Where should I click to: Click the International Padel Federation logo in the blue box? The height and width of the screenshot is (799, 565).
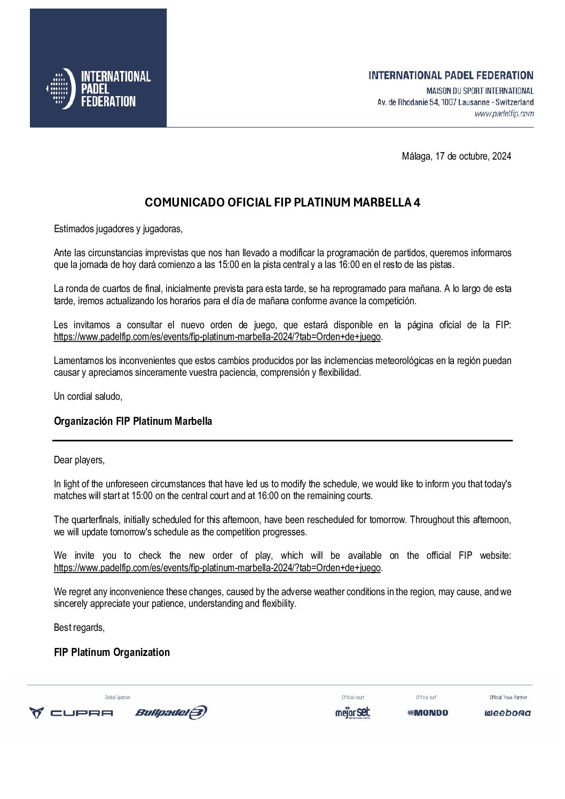point(98,89)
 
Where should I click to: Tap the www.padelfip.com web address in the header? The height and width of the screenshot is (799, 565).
point(504,114)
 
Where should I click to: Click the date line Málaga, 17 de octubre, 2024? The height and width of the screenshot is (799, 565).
point(456,156)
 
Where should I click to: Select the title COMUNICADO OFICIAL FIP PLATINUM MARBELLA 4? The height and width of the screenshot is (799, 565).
point(282,203)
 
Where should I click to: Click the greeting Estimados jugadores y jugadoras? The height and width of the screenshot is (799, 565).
point(118,229)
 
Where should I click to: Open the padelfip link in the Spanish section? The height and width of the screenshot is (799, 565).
point(217,337)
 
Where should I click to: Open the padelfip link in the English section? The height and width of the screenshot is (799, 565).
point(217,568)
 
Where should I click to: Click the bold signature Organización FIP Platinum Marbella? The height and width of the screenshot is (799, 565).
point(133,421)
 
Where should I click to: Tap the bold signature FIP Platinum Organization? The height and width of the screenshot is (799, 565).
point(112,652)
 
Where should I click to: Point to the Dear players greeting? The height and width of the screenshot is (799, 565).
point(79,460)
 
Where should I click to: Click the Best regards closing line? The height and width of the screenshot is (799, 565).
point(79,628)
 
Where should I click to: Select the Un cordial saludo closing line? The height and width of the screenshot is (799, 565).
point(88,397)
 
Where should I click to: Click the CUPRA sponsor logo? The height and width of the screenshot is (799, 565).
point(71,713)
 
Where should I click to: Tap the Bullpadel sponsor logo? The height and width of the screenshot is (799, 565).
point(171,713)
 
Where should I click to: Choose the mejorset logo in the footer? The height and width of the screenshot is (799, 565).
point(352,713)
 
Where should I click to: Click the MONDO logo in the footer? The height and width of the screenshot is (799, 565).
point(428,713)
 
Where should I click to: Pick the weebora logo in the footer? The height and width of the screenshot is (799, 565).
point(507,713)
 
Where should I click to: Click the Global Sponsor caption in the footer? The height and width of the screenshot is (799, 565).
point(117,698)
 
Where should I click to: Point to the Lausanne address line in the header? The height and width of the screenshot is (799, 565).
point(455,102)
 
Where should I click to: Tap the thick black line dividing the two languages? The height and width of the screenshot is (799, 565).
point(282,440)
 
